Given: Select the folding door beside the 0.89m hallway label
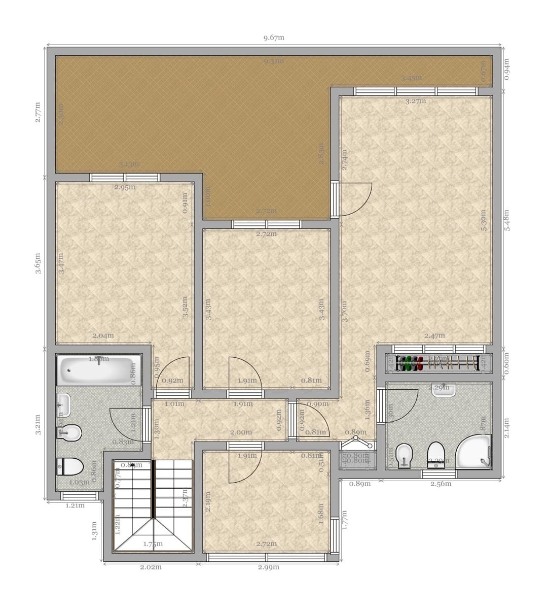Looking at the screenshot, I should point(357,446).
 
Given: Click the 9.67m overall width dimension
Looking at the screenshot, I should point(274,38).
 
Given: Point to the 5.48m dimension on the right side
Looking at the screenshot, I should point(507,221).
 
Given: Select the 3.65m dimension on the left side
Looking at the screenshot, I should point(39,264).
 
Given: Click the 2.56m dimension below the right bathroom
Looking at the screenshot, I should point(441,484).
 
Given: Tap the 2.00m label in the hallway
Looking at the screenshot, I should point(241,432).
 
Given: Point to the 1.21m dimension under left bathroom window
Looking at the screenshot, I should point(75,505).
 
